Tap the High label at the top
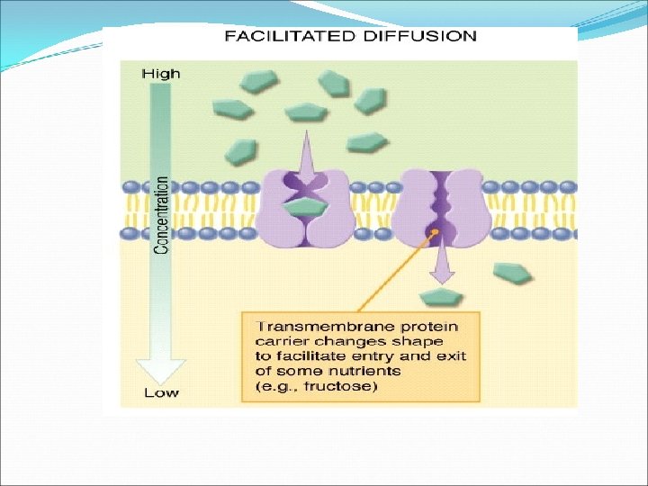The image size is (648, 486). coord(161,74)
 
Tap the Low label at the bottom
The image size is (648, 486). coord(161,392)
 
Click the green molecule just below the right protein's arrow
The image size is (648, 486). coord(442,297)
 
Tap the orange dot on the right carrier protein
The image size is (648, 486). coord(436,233)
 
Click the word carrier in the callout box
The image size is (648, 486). coord(280,341)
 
